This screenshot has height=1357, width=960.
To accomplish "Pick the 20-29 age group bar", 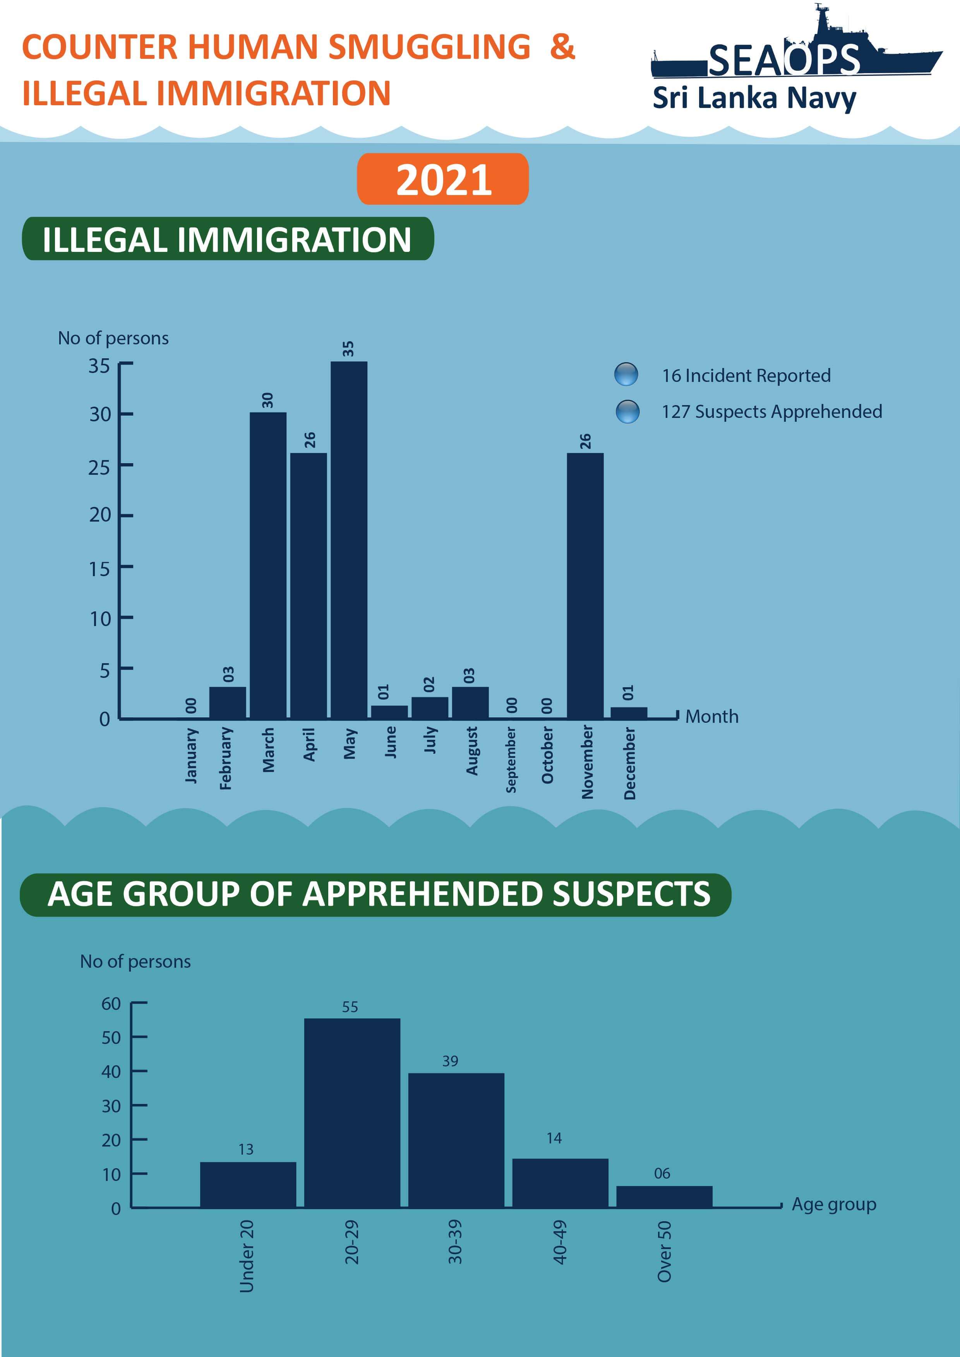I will point(352,1112).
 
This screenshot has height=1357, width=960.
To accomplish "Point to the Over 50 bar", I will point(664,1196).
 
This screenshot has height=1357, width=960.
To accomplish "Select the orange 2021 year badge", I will point(443,179).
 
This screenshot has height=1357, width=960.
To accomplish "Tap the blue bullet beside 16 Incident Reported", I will point(626,374).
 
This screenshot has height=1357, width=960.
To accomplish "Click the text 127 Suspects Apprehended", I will point(771,411).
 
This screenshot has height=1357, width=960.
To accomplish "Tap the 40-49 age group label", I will point(559,1242).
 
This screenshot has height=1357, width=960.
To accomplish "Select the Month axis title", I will point(712,716).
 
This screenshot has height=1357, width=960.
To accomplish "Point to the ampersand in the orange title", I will point(562,47).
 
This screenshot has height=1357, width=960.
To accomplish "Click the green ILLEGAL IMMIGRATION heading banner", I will point(228,239).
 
